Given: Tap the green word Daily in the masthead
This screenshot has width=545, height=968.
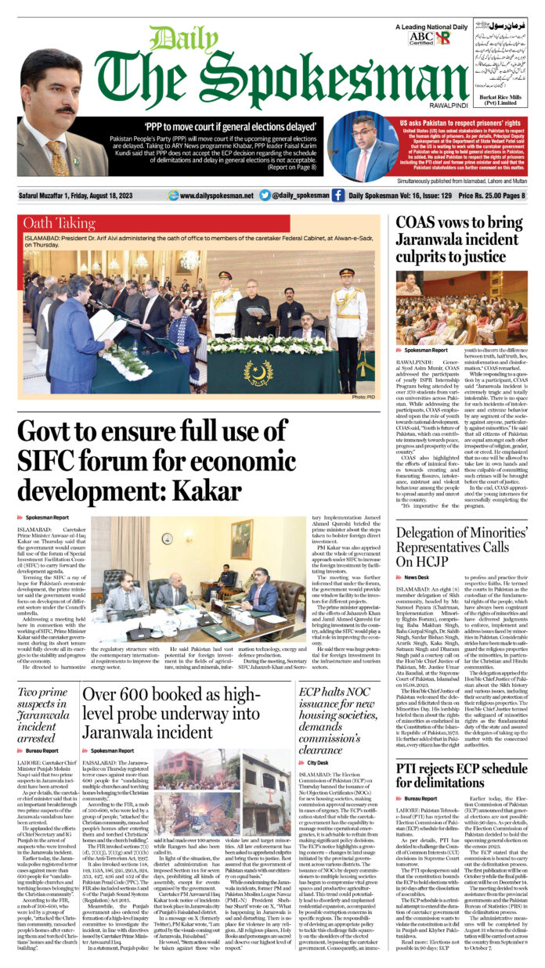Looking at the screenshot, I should (x=178, y=40).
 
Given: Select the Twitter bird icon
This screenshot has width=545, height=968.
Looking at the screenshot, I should (x=265, y=196).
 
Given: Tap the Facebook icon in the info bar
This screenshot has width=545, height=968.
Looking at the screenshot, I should (x=337, y=196).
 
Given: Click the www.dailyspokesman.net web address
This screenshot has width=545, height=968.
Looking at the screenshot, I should (x=216, y=196).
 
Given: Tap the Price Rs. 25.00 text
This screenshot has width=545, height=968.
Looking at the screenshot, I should (x=495, y=196).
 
